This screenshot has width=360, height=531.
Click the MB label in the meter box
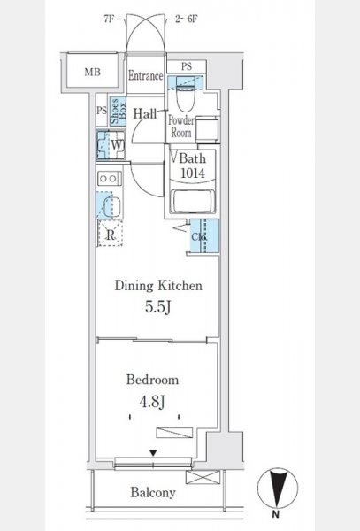[92, 73]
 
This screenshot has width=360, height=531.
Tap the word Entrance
[145, 76]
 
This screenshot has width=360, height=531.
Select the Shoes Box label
[118, 112]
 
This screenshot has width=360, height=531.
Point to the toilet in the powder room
[186, 97]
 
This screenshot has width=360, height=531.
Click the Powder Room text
[181, 127]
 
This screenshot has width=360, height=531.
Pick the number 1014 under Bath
[193, 173]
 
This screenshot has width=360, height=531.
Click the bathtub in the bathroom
[192, 202]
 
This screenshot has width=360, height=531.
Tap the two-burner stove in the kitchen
[110, 178]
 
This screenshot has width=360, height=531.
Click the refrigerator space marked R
[111, 234]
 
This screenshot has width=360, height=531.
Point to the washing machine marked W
[111, 145]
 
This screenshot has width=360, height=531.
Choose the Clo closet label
[198, 237]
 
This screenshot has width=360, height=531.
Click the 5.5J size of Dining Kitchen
[157, 307]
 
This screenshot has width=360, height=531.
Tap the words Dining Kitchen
[158, 286]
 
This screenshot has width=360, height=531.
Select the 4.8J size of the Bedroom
[152, 402]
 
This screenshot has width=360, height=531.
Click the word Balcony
[153, 492]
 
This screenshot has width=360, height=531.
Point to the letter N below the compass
[276, 514]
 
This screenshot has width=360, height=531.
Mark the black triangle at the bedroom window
[153, 453]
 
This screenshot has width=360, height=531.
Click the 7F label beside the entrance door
[108, 19]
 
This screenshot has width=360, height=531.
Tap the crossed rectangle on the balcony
[203, 477]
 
